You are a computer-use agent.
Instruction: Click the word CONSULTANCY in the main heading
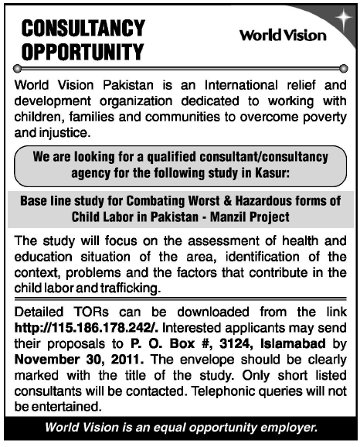pyautogui.click(x=83, y=29)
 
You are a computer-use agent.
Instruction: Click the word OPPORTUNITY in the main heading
pyautogui.click(x=83, y=53)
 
